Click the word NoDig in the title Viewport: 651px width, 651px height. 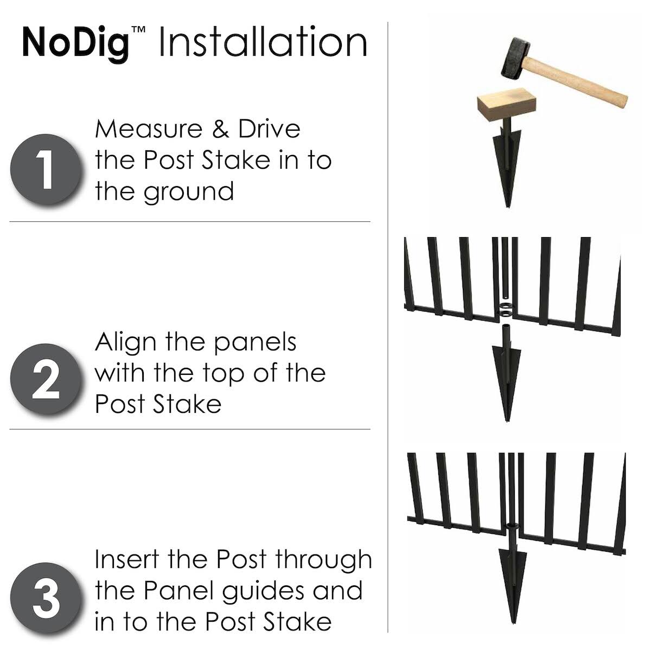tap(76, 44)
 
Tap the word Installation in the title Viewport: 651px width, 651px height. tap(263, 41)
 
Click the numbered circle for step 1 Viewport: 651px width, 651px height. tap(46, 169)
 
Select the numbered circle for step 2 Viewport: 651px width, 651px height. tap(46, 379)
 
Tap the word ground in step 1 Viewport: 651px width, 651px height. tap(189, 192)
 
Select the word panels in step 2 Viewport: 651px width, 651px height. tap(256, 343)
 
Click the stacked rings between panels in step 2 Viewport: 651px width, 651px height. tap(506, 309)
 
